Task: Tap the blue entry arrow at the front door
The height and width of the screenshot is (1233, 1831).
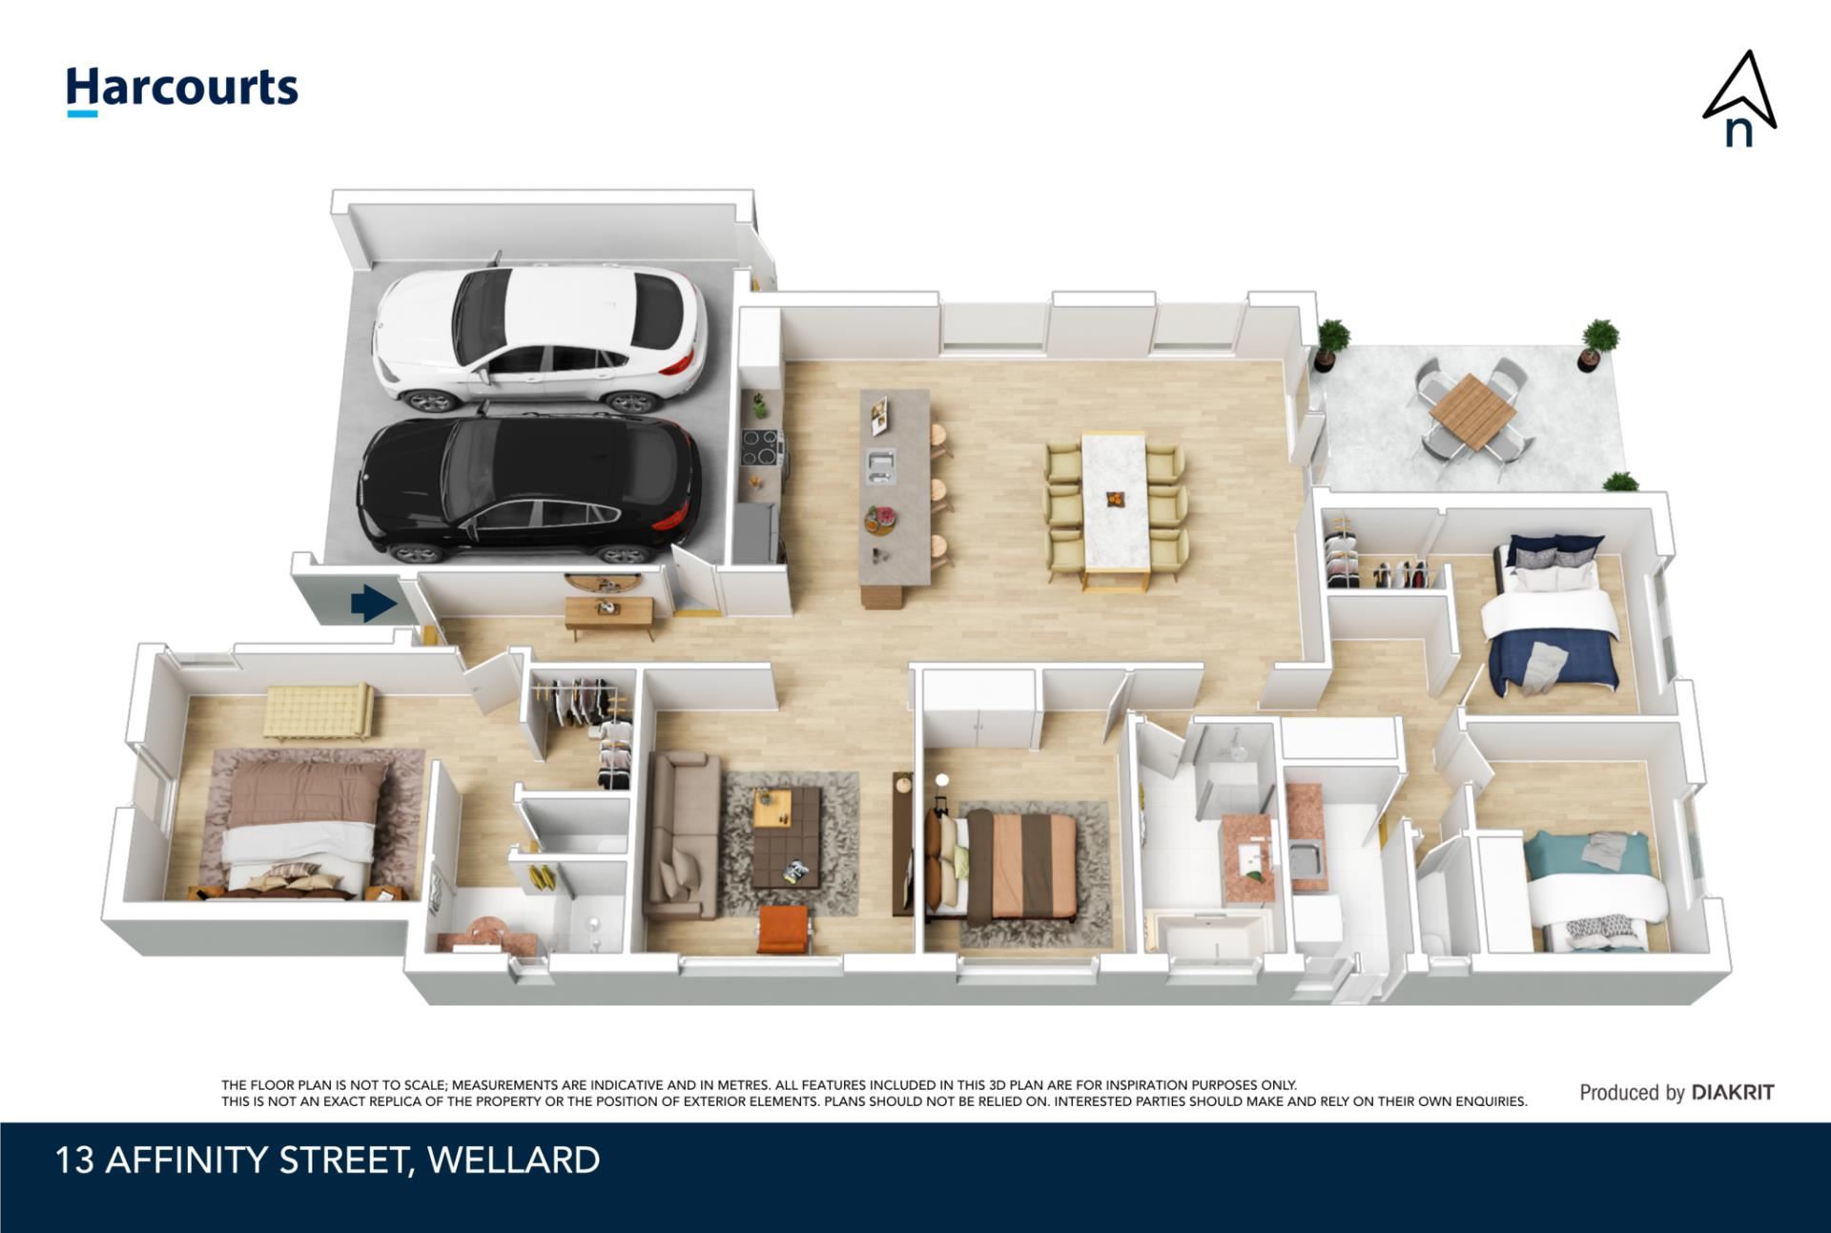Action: (374, 604)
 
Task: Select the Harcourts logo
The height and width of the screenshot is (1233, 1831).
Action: (182, 92)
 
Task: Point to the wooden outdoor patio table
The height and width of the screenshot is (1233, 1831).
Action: (1472, 411)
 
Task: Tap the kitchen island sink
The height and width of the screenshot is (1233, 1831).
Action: (879, 464)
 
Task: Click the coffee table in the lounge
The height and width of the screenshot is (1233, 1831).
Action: (787, 835)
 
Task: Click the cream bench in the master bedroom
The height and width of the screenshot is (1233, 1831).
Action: (319, 710)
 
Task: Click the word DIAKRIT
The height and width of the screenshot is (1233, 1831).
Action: (1732, 1093)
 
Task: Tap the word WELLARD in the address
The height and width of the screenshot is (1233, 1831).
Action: (513, 1161)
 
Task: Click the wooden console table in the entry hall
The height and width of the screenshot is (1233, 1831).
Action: (609, 613)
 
